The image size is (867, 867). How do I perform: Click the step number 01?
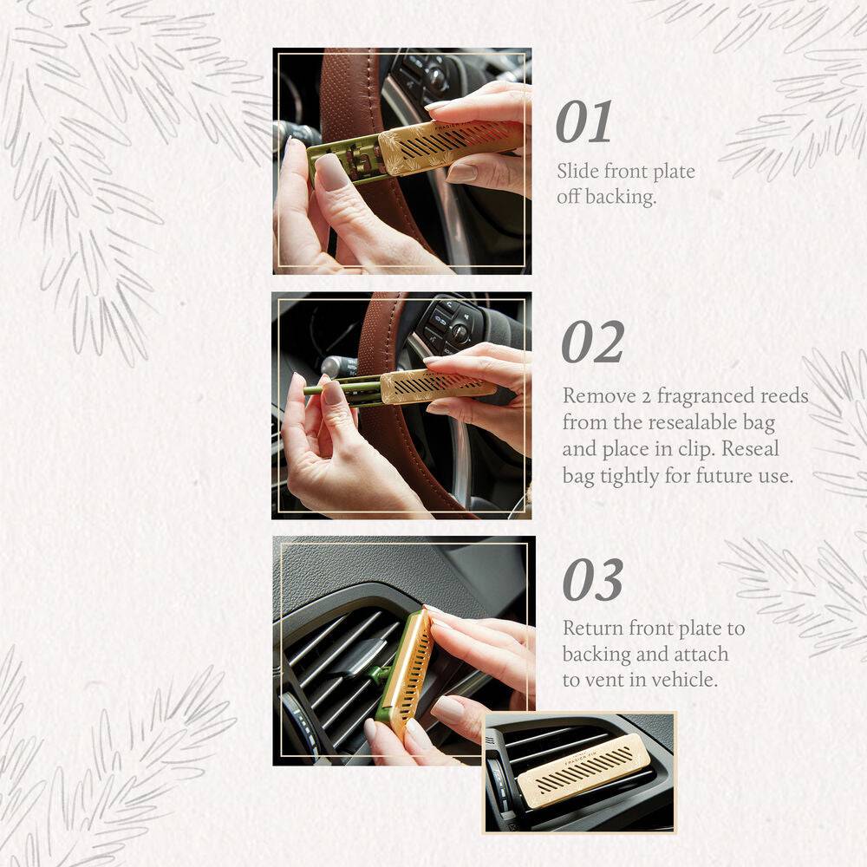tap(583, 122)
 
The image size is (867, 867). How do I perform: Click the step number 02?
tap(592, 342)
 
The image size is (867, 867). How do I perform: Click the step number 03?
tap(592, 580)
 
